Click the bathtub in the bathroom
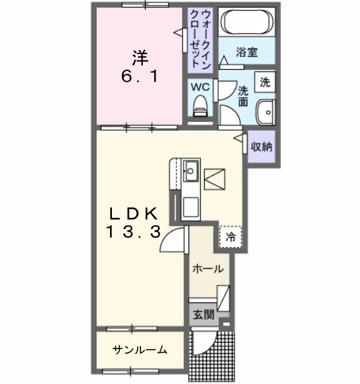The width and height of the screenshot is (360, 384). pos(247,22)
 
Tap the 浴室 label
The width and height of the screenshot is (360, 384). pos(247,52)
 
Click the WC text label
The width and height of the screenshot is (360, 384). pos(200,87)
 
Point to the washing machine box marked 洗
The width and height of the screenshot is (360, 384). pos(265,82)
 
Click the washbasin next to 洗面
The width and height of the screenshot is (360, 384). pos(265,113)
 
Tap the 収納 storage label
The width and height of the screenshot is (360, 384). pos(261,147)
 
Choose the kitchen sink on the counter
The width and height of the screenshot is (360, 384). pos(191,171)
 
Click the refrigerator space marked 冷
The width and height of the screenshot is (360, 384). pos(230,236)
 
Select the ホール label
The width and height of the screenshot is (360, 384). pos(208,269)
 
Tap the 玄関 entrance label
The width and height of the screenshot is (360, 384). pos(204,314)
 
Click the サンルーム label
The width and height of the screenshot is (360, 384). pos(140,350)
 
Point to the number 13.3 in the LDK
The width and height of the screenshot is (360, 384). pos(134,232)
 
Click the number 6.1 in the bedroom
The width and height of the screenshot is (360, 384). pos(139,76)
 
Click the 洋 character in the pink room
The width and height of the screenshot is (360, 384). pos(141,58)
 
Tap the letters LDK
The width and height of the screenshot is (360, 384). pos(134,213)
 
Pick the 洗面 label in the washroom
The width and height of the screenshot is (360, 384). pos(243,96)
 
